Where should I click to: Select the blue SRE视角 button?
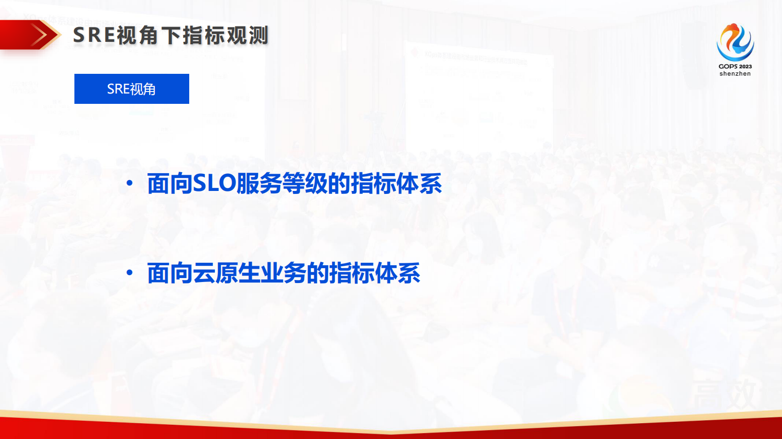[x=132, y=89]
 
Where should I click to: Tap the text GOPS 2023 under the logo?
[x=735, y=66]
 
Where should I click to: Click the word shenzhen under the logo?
[x=735, y=74]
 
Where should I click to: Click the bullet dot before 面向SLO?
[x=130, y=184]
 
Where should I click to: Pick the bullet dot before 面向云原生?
[x=130, y=273]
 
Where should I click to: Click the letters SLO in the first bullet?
[x=214, y=184]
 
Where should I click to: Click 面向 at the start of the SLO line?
[x=170, y=184]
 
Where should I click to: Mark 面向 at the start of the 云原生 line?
[x=170, y=273]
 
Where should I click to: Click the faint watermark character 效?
[x=737, y=393]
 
